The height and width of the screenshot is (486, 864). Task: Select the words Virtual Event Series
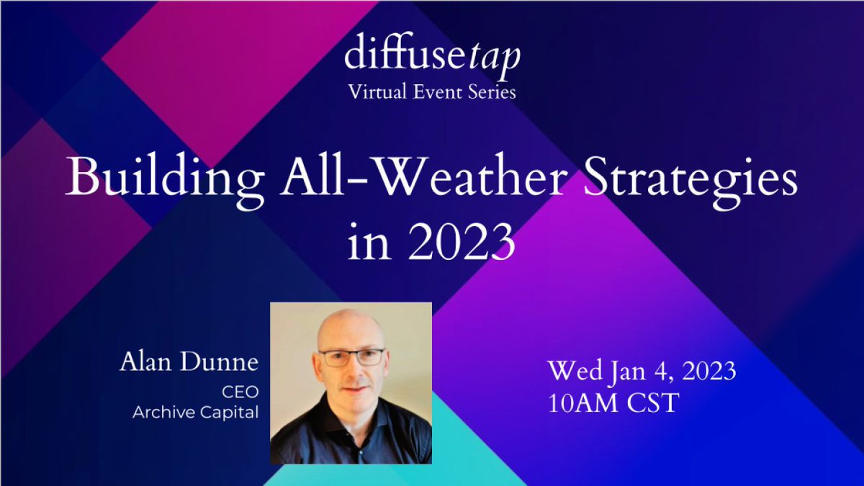[432, 92]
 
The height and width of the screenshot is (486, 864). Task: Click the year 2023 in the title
[460, 243]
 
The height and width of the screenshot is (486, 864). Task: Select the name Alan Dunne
[189, 363]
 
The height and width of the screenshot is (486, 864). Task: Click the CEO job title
[243, 392]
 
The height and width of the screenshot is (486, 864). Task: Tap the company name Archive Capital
[195, 413]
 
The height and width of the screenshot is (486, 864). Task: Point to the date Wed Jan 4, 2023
[642, 372]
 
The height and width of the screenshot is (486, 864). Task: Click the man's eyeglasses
[351, 357]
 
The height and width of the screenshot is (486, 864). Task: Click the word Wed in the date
[575, 372]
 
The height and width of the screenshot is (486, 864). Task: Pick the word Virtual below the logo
[376, 92]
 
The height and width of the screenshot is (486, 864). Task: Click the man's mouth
[351, 390]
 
